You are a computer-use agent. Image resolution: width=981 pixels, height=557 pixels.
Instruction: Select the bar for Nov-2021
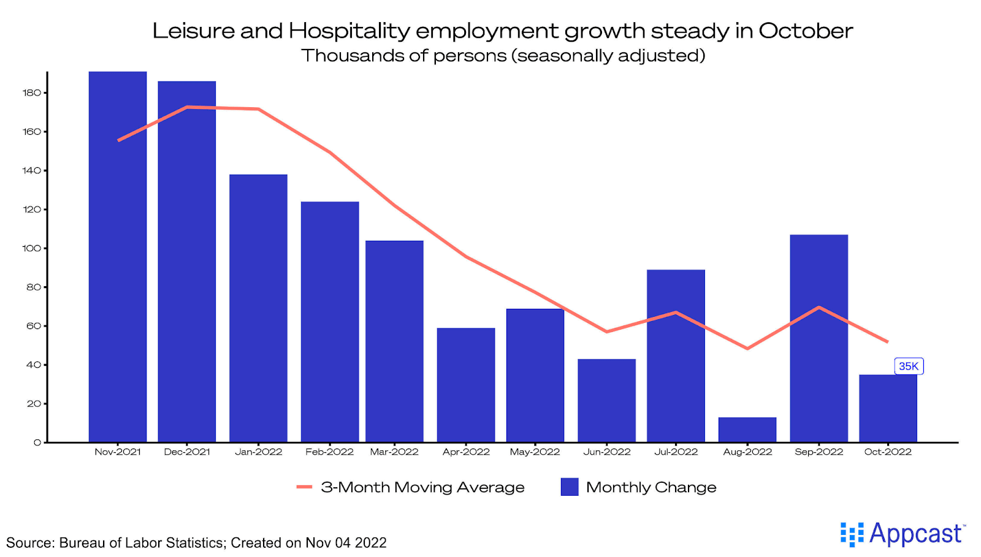coord(118,257)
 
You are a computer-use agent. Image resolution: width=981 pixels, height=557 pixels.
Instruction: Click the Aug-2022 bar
coord(747,430)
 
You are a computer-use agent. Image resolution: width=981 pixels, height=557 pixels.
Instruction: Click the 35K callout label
coord(909,366)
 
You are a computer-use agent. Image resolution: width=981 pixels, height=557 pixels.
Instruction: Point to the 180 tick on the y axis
coord(32,93)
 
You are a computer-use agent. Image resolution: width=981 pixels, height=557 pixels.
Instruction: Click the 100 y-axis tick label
coord(32,248)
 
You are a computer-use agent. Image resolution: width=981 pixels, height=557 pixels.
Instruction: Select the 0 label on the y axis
coord(37,442)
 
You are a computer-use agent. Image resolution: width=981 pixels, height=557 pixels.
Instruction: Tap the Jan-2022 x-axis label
coord(258,452)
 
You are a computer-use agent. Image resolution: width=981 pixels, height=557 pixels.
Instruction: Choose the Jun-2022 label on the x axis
coord(606,452)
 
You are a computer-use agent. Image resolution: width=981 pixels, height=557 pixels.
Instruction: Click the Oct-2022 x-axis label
coord(888,452)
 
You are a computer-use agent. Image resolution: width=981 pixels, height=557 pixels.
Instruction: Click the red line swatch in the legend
coord(305,487)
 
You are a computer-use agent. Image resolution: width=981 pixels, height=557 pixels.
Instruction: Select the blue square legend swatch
coord(570,487)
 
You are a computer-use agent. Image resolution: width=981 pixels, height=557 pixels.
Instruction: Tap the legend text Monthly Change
coord(651,487)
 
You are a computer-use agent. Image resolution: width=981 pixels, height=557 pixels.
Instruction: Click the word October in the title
coord(806,31)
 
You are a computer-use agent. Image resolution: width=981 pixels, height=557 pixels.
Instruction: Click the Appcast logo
coord(903,534)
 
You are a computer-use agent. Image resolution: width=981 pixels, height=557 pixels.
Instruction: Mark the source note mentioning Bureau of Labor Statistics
coord(196,543)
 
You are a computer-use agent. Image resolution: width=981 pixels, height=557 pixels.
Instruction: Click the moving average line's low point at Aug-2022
coord(747,349)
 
